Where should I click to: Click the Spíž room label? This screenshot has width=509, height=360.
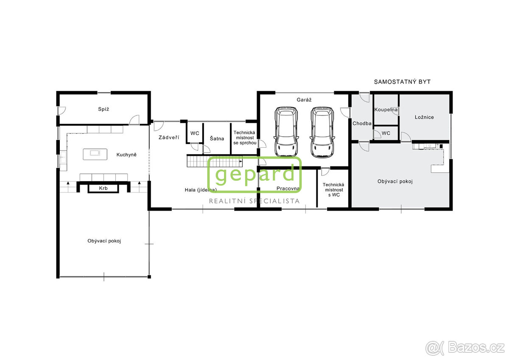coord(104,109)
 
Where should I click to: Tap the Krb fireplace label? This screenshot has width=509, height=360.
coord(103,188)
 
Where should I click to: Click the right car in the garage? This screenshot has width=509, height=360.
coord(322,132)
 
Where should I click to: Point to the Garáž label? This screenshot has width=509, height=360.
coord(304,99)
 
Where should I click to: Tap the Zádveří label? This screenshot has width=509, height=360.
coord(169,138)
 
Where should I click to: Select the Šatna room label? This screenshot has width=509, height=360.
coord(217,138)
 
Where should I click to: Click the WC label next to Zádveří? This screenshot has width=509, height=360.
coord(195,133)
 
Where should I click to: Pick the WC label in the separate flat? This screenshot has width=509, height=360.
coord(386,133)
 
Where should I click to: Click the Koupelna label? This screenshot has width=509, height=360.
coord(386,110)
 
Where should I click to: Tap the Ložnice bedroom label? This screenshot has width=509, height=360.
coord(424,117)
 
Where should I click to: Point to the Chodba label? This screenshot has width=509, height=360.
coord(362,124)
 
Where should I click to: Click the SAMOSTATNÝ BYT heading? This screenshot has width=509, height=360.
coord(402,82)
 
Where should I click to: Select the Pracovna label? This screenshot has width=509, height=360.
coord(288,188)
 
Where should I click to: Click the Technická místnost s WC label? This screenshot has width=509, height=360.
coord(333,190)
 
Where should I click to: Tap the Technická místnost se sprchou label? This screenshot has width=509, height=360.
coord(245,138)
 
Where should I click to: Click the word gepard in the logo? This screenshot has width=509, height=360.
coord(255,174)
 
